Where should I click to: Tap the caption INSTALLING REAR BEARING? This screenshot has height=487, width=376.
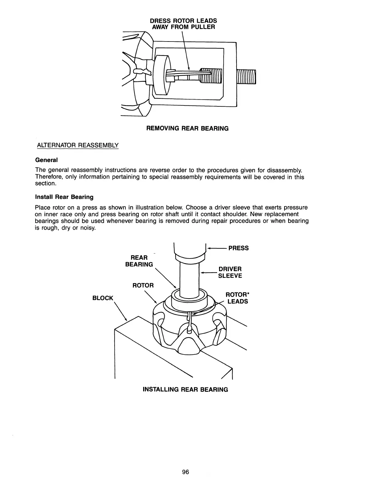click(186, 390)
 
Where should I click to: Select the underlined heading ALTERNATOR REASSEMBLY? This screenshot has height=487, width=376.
click(77, 145)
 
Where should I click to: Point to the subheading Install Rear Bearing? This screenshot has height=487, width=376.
click(64, 197)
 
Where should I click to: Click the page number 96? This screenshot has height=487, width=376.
click(185, 472)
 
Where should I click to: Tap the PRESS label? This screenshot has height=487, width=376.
click(238, 248)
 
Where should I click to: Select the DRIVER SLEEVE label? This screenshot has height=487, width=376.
click(230, 272)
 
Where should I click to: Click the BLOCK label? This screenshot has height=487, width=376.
click(103, 298)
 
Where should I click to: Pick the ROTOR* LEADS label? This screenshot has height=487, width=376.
click(237, 298)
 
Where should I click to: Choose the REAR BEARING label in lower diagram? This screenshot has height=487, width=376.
click(139, 261)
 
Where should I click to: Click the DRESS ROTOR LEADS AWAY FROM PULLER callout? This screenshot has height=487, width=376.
click(183, 24)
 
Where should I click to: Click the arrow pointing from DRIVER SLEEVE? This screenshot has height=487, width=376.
click(209, 272)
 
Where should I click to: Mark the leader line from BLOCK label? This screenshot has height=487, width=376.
click(121, 311)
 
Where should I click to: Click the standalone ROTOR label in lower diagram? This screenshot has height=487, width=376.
click(143, 285)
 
